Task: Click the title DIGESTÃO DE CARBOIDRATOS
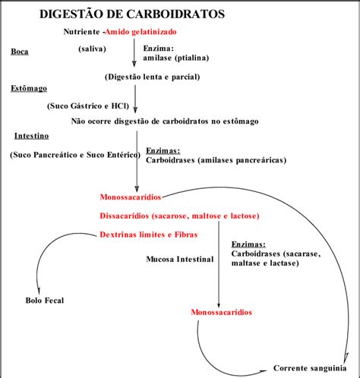click(137, 14)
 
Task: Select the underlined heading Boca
click(20, 52)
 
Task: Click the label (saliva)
click(93, 48)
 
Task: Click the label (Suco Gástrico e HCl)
click(87, 106)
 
